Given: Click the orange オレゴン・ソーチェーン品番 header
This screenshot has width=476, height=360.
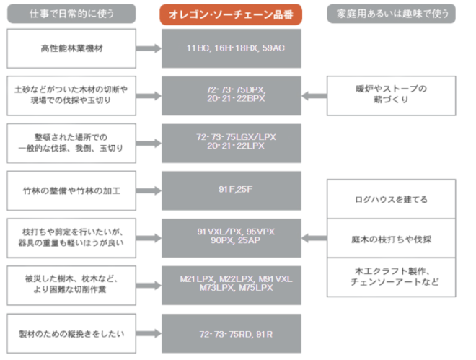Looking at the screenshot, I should (231, 14).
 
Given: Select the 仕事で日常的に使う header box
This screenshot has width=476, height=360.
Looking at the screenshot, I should (72, 14).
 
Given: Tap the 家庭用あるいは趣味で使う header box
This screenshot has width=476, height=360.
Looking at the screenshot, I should (390, 14).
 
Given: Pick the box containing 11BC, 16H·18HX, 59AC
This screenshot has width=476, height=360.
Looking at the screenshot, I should (231, 48).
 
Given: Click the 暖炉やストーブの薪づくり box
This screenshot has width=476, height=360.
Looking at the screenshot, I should (391, 95).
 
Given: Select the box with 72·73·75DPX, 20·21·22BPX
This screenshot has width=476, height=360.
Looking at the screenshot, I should (231, 95).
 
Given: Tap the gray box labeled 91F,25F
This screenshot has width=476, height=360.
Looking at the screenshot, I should (231, 190).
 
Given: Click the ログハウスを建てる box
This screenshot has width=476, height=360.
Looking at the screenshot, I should (391, 200).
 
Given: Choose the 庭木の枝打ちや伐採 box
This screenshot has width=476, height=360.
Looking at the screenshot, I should (391, 239).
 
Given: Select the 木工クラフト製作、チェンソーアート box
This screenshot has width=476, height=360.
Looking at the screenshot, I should (391, 277).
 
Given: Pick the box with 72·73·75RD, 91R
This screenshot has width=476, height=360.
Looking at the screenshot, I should (231, 333).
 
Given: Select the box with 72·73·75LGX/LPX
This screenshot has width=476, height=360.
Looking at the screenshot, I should (231, 142).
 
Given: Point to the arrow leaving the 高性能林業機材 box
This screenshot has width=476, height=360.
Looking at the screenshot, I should (148, 48).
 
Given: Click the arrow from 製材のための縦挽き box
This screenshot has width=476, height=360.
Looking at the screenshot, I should (148, 333).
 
